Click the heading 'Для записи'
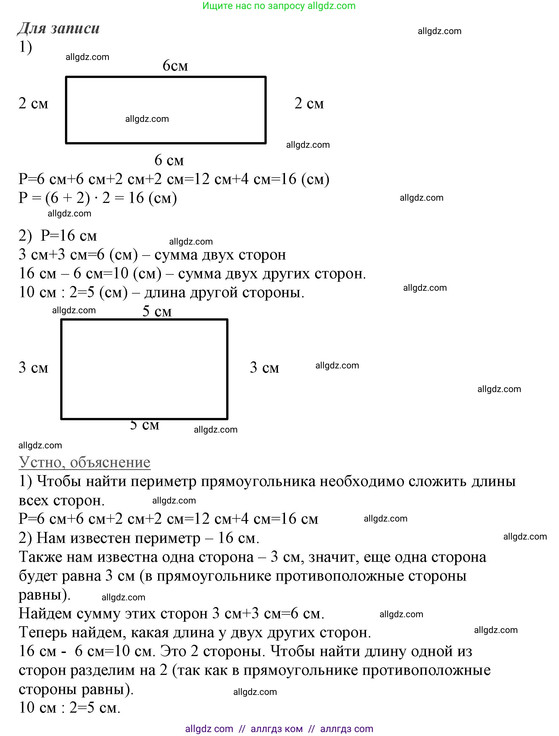coord(59,28)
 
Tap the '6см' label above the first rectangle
coord(175,66)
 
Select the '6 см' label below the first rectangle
coord(169,160)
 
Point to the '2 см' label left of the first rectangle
coord(33,103)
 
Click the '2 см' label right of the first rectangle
coord(309,103)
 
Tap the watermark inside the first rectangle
coord(147,119)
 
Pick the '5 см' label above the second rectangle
coord(157,311)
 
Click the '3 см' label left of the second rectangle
coord(33,368)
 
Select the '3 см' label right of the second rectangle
coord(264,368)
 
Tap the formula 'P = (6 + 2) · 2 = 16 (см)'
coord(98,198)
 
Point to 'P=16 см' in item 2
coord(69,236)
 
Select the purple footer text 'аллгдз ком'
coord(277,729)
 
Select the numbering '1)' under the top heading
coord(26,47)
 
